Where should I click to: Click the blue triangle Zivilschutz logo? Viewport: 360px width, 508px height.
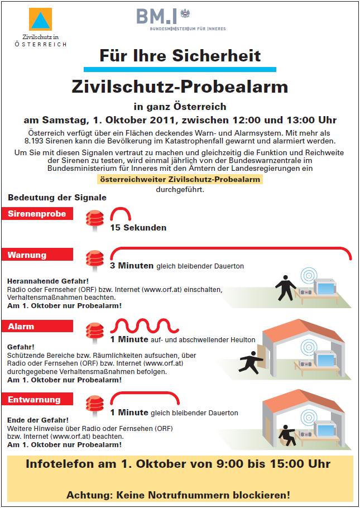pos(40,20)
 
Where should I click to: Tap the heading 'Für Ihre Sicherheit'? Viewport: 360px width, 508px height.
pos(180,56)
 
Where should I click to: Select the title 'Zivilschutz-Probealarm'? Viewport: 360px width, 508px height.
pos(180,87)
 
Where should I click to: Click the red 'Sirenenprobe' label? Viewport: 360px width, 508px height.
pos(37,214)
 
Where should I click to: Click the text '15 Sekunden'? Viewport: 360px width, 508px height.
pos(138,228)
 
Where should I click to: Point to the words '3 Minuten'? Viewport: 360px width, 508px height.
pos(132,266)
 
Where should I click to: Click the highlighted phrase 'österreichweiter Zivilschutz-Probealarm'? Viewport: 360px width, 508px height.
pos(180,179)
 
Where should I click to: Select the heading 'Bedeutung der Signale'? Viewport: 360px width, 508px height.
pos(57,197)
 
